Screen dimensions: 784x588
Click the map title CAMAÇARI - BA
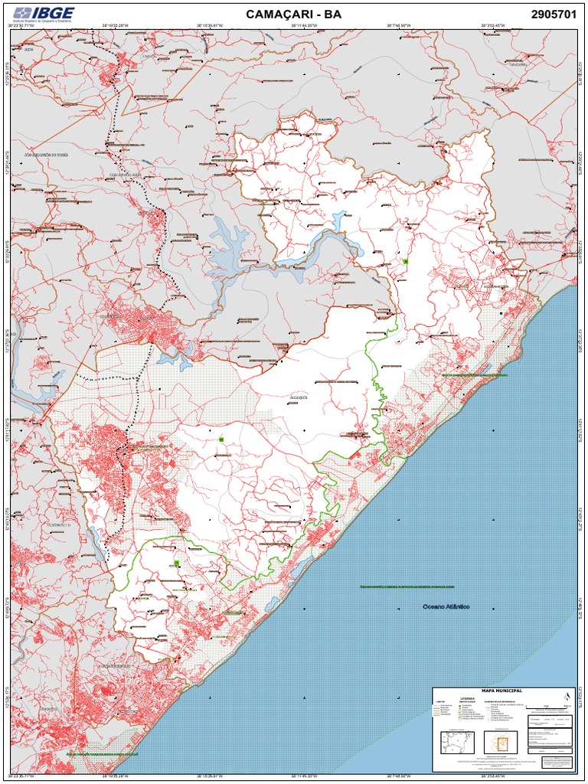click(293, 14)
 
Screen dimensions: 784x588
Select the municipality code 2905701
click(553, 14)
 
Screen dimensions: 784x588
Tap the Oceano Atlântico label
click(446, 606)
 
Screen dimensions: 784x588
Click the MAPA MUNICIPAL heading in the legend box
click(501, 691)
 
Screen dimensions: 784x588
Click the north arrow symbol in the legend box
click(566, 696)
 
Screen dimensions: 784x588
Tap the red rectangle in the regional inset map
click(503, 743)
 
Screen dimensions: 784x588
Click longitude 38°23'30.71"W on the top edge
click(21, 25)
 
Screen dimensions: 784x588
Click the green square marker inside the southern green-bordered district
click(176, 563)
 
